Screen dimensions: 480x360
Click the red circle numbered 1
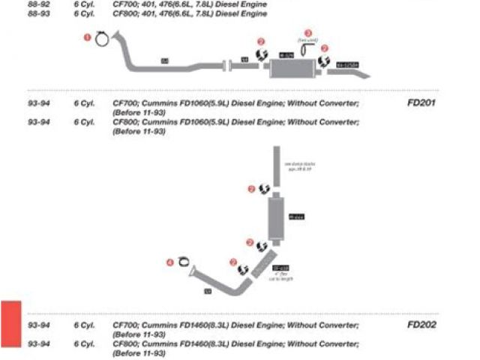87,36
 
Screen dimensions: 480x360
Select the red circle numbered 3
307,34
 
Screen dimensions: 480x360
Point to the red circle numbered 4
169,262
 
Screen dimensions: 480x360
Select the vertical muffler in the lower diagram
276,217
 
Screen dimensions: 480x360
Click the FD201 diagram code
421,102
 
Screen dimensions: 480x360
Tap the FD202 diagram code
421,325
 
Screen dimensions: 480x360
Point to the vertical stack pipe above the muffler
276,169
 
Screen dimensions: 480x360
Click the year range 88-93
39,13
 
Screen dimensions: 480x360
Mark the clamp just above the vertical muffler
265,190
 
